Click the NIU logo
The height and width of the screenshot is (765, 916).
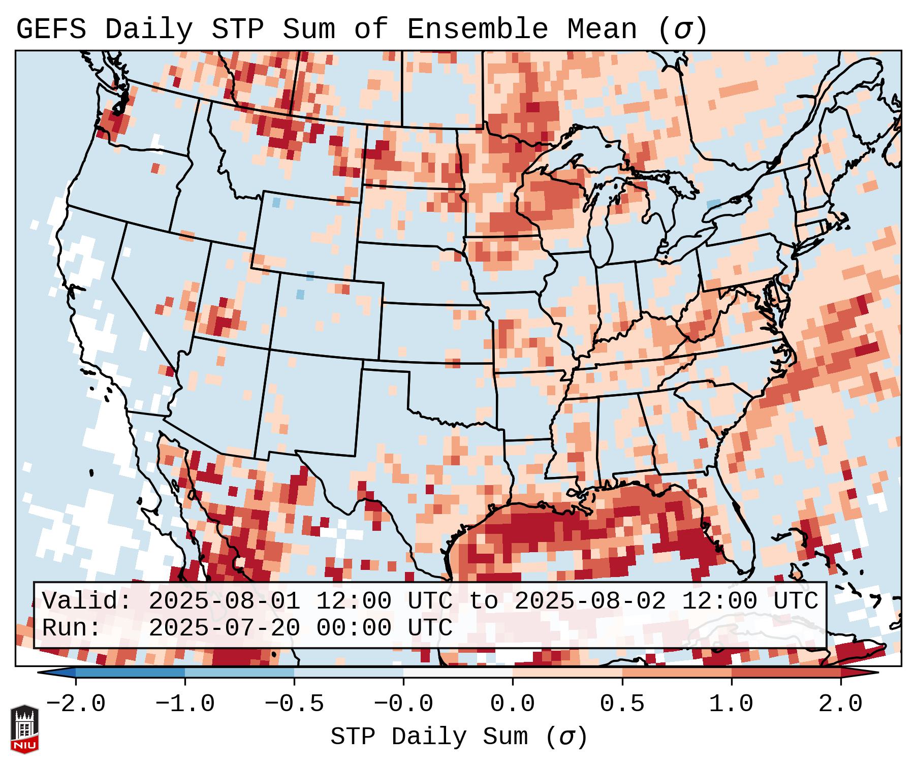point(24,728)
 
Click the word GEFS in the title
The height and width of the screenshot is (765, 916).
point(51,29)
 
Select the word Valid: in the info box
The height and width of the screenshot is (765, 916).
point(87,601)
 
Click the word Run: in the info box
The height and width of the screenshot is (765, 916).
point(72,628)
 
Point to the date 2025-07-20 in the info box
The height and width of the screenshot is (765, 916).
point(224,628)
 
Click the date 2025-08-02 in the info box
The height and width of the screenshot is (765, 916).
point(590,601)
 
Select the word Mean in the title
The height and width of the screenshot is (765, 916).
point(602,29)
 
